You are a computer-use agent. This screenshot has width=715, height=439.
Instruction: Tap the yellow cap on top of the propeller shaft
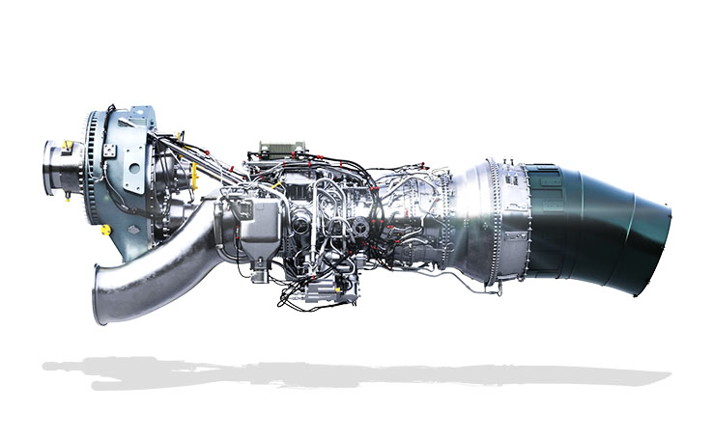pyautogui.click(x=69, y=146)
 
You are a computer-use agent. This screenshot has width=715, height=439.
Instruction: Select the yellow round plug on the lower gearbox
pyautogui.click(x=104, y=230)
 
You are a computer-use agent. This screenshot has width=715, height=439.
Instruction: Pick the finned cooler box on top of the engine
pyautogui.click(x=281, y=150)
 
